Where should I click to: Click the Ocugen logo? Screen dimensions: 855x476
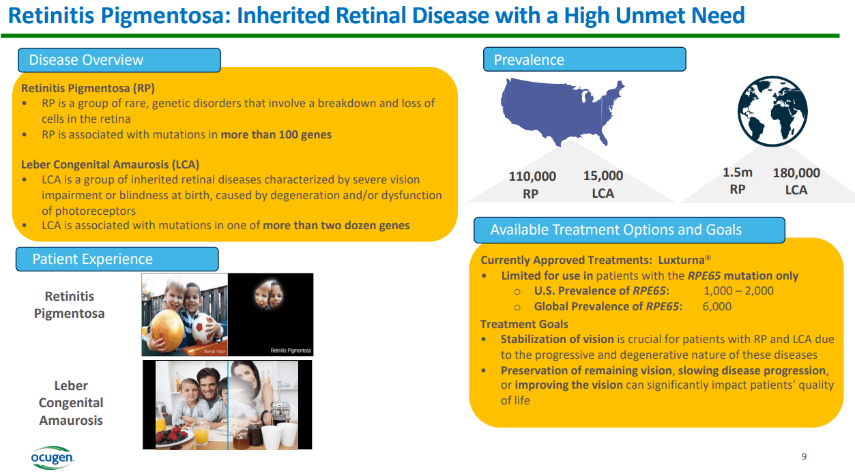click(53, 458)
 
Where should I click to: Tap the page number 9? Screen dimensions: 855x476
click(804, 456)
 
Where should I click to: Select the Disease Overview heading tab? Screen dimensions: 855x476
click(119, 60)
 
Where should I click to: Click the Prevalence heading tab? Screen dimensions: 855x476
click(584, 59)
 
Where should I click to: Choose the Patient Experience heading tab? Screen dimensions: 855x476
click(117, 259)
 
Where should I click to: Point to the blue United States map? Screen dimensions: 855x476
click(561, 110)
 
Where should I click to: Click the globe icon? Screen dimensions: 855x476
click(772, 111)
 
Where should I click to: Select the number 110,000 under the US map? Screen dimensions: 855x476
click(532, 176)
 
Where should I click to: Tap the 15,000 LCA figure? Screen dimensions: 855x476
click(603, 184)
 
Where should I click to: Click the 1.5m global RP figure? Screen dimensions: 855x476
click(738, 181)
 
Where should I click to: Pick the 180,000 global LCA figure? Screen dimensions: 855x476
click(796, 181)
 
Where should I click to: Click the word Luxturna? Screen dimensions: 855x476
click(681, 260)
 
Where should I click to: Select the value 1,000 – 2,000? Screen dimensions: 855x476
click(738, 291)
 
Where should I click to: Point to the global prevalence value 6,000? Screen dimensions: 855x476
click(717, 306)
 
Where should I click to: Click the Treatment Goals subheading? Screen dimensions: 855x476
click(524, 324)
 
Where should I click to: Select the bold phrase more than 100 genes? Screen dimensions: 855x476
click(276, 134)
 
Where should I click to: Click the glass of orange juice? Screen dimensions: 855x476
click(201, 433)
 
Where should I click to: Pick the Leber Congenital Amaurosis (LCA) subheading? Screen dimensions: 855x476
click(110, 164)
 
